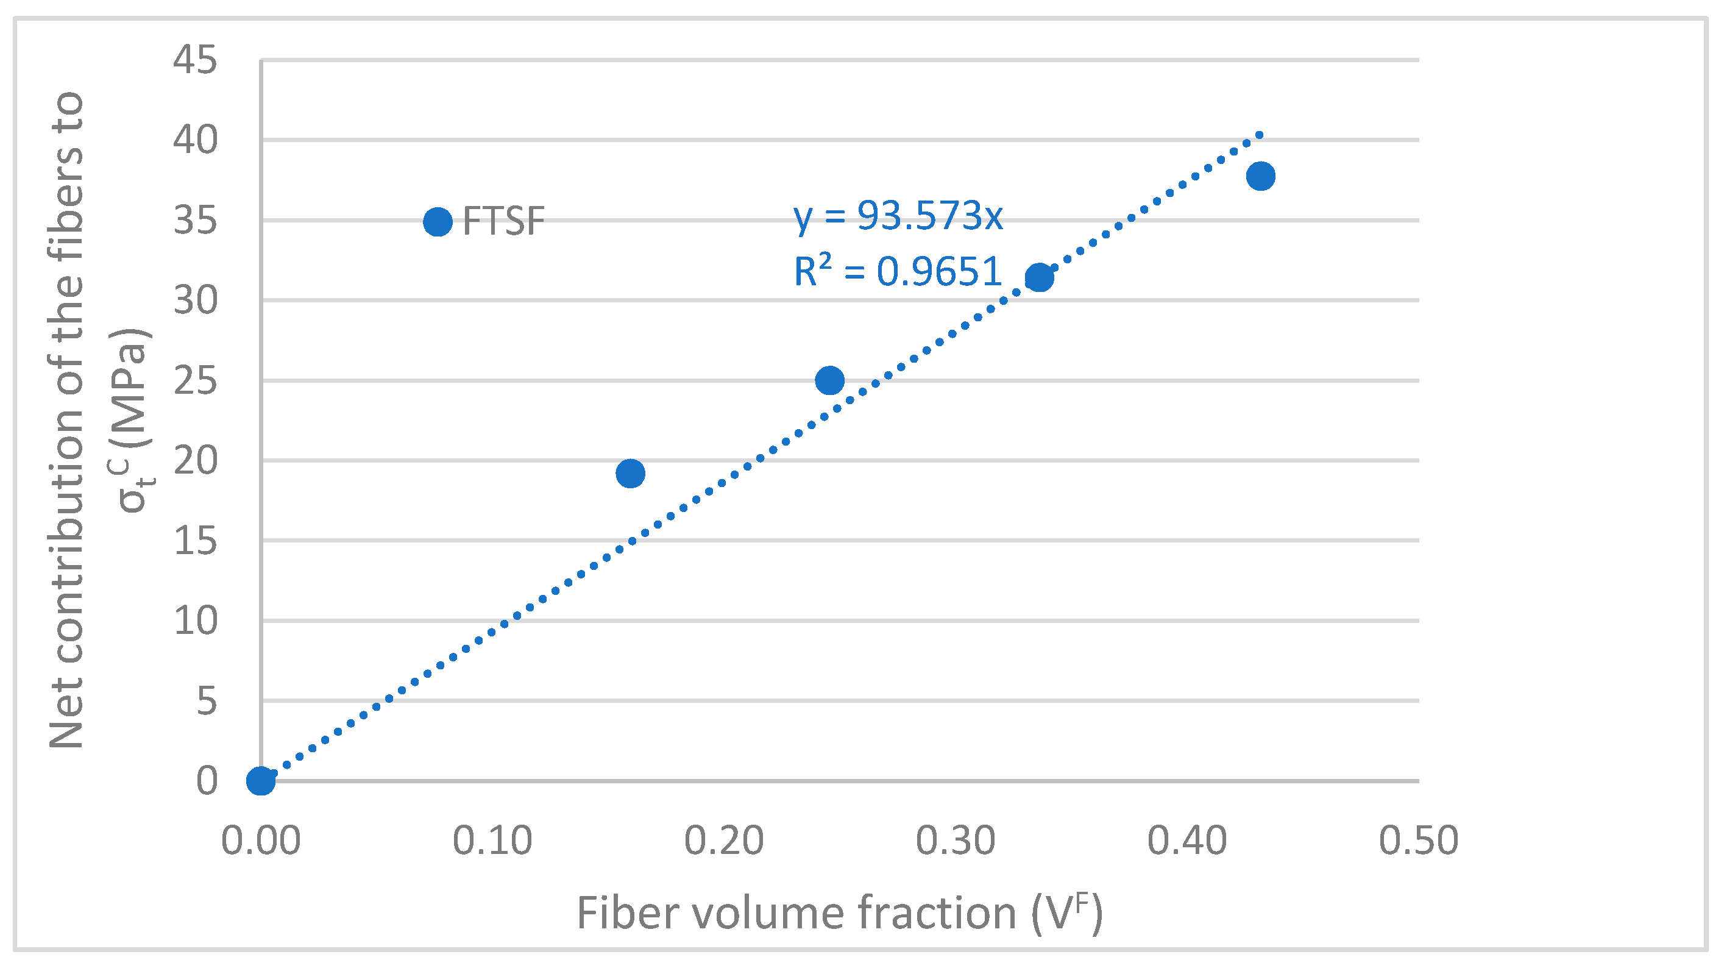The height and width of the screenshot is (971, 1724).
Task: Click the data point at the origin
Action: click(x=260, y=780)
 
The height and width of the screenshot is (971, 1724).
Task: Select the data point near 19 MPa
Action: click(x=630, y=474)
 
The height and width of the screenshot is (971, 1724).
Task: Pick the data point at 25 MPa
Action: click(x=830, y=380)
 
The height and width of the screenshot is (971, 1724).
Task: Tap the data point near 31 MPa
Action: click(x=1038, y=277)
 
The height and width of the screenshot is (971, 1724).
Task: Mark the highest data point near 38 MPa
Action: click(x=1260, y=176)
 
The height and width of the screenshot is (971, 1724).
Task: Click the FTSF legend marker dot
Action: click(x=438, y=221)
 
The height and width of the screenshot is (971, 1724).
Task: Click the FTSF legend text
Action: click(x=504, y=221)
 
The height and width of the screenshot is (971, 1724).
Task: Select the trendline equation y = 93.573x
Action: click(x=898, y=216)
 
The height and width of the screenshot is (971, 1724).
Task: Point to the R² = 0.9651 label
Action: click(x=897, y=271)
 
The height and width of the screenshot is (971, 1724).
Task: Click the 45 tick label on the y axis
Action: click(x=195, y=60)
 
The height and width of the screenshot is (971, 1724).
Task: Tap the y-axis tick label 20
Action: click(x=195, y=460)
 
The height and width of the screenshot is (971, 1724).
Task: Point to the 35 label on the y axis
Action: click(x=195, y=220)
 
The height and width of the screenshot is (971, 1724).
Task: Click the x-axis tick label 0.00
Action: click(x=260, y=841)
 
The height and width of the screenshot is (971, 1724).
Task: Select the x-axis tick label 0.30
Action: click(x=955, y=841)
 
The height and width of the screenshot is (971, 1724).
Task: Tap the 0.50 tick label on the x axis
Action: click(x=1418, y=841)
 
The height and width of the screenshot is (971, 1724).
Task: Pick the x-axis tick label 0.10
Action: click(x=492, y=841)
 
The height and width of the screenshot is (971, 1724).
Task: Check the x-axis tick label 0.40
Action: click(x=1187, y=841)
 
